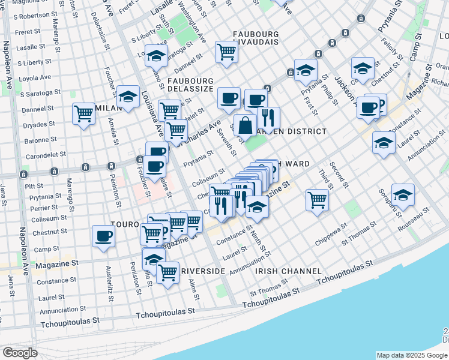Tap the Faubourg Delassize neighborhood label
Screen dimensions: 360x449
point(191,85)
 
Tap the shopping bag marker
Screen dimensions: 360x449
point(245,127)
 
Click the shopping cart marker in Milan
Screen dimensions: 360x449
point(84,115)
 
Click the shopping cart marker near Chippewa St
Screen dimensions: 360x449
point(317,200)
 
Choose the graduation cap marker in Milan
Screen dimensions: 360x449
point(128,97)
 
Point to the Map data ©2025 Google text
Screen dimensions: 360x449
point(412,355)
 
